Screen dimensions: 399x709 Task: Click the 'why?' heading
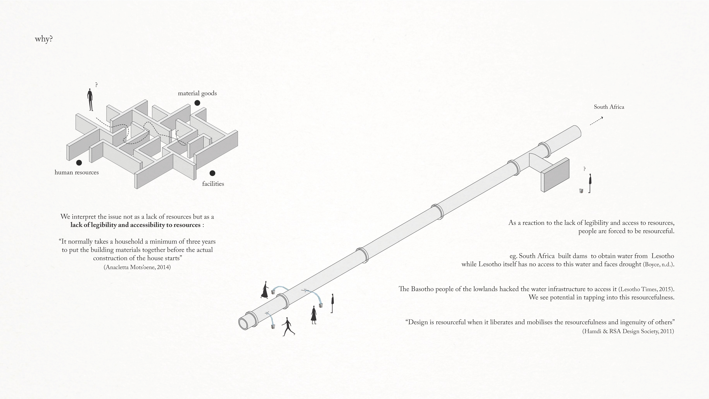pos(44,39)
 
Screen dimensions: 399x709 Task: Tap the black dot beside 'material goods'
pos(197,103)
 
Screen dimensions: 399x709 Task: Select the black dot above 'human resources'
pos(79,163)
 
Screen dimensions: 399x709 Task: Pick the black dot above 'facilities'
pos(212,173)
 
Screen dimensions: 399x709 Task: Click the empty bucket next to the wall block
pos(581,191)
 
